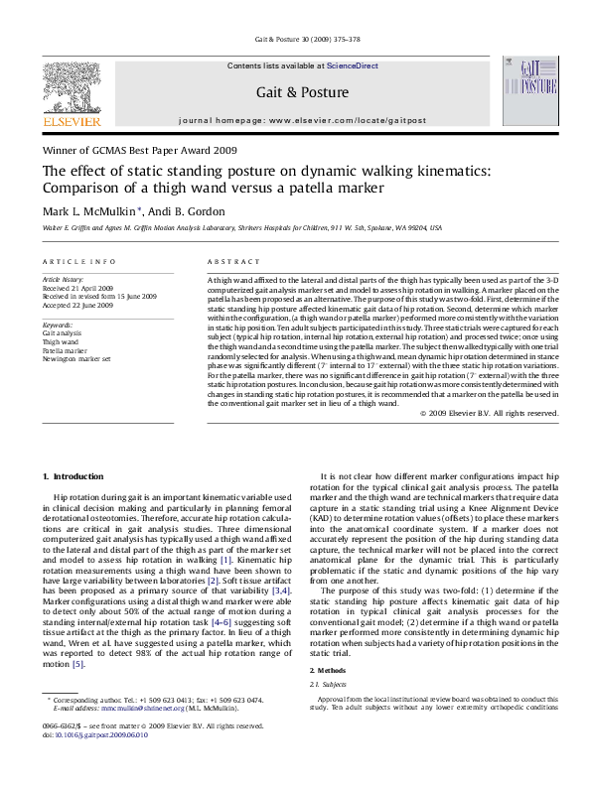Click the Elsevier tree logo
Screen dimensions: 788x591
(x=72, y=91)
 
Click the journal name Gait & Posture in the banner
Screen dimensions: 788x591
(x=303, y=92)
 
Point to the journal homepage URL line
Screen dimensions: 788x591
(x=303, y=120)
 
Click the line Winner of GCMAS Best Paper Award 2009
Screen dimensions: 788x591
(x=139, y=151)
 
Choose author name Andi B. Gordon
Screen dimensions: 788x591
(x=189, y=210)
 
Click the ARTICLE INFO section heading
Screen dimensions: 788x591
(x=78, y=260)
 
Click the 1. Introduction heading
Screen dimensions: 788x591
(x=74, y=477)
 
